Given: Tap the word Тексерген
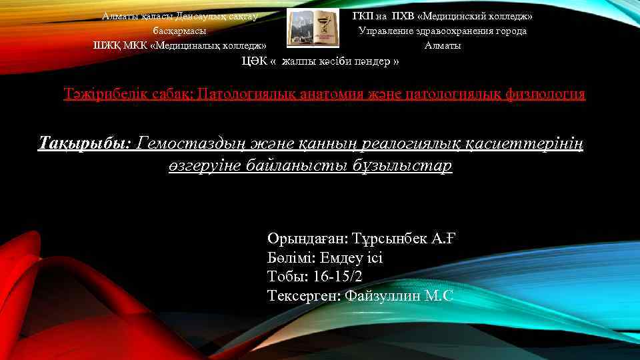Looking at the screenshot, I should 304,295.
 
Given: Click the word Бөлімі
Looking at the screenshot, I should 291,257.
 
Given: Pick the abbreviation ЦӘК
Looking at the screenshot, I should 254,61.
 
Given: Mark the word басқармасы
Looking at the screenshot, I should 179,31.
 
